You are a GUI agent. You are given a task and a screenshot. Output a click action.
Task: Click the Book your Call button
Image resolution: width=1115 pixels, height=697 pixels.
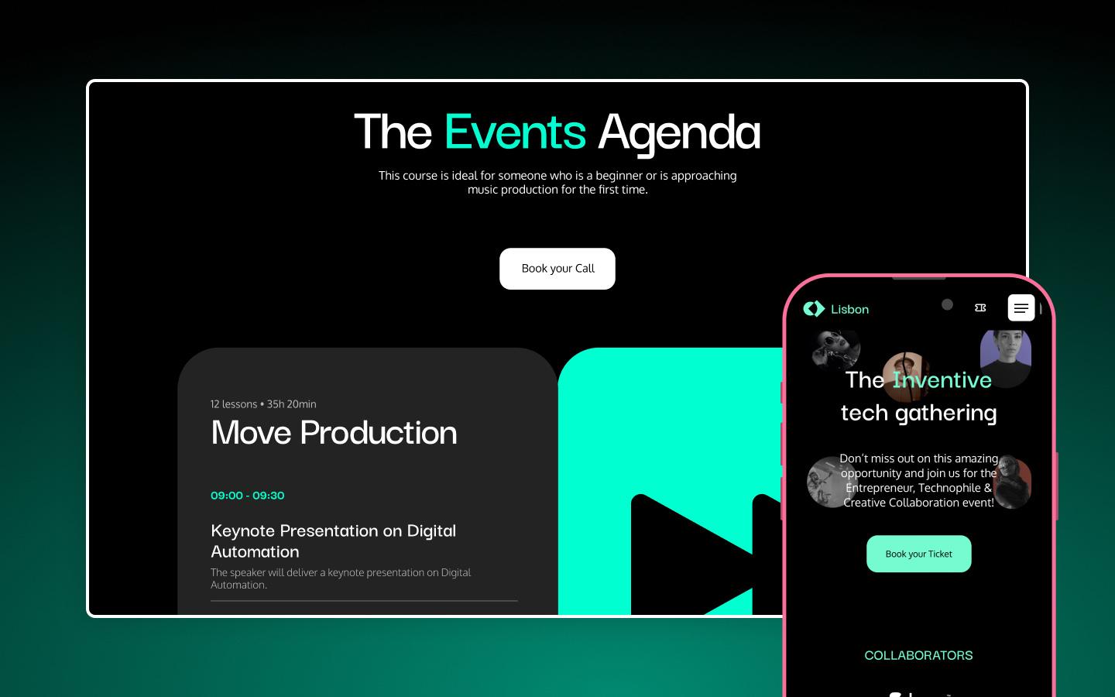click(x=557, y=269)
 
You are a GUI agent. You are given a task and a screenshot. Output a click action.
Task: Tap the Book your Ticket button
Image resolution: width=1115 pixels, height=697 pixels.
click(x=918, y=554)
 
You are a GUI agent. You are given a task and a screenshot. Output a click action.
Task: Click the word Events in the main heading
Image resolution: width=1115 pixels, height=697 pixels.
click(x=515, y=132)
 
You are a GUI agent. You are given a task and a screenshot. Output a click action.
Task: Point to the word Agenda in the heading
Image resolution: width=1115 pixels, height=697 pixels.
click(x=679, y=132)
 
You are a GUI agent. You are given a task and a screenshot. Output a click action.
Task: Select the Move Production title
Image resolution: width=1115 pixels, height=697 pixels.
click(x=334, y=433)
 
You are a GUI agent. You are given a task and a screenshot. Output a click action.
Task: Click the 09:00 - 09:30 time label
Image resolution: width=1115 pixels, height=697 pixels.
click(x=248, y=496)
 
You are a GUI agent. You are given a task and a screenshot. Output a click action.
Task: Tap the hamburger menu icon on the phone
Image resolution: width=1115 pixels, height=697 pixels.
click(x=1021, y=308)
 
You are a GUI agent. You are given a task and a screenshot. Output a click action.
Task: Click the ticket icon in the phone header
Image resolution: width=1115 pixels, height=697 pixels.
click(x=980, y=308)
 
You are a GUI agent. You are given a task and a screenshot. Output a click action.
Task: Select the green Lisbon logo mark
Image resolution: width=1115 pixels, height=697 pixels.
click(x=814, y=309)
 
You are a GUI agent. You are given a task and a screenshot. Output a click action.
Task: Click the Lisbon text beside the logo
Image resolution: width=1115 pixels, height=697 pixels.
click(x=849, y=310)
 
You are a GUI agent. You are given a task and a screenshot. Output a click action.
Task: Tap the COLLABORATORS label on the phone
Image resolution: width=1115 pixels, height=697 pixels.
click(x=918, y=655)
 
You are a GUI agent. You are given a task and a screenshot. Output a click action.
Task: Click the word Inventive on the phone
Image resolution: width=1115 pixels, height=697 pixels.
click(x=942, y=380)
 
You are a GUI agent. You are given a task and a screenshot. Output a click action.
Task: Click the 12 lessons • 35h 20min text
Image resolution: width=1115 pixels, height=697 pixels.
click(x=263, y=404)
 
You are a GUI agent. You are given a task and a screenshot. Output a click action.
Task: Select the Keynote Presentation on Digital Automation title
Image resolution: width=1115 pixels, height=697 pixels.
click(x=333, y=541)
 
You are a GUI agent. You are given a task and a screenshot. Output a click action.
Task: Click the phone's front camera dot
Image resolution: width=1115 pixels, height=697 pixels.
click(x=947, y=305)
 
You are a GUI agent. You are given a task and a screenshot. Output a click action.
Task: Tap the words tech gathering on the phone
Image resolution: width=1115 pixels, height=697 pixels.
click(x=918, y=413)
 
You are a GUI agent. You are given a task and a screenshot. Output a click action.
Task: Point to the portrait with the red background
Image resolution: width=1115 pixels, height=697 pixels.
click(x=1014, y=482)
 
